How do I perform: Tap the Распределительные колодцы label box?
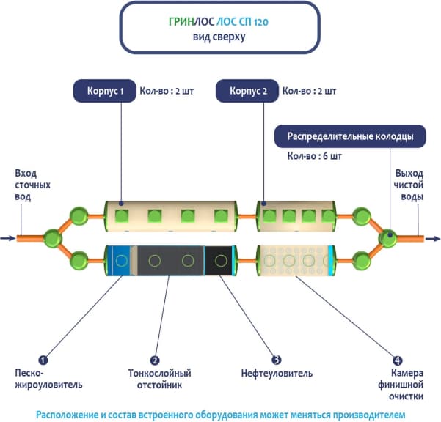click(349, 136)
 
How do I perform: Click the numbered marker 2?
click(155, 360)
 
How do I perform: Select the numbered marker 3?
click(276, 360)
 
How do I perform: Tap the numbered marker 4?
click(397, 360)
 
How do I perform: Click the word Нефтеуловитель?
click(276, 374)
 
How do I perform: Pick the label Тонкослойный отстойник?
click(155, 379)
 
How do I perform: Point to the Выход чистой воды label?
click(409, 185)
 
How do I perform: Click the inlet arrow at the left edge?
click(7, 238)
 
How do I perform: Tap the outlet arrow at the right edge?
click(433, 238)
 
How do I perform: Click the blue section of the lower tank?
click(117, 259)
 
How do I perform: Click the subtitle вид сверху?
click(220, 37)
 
